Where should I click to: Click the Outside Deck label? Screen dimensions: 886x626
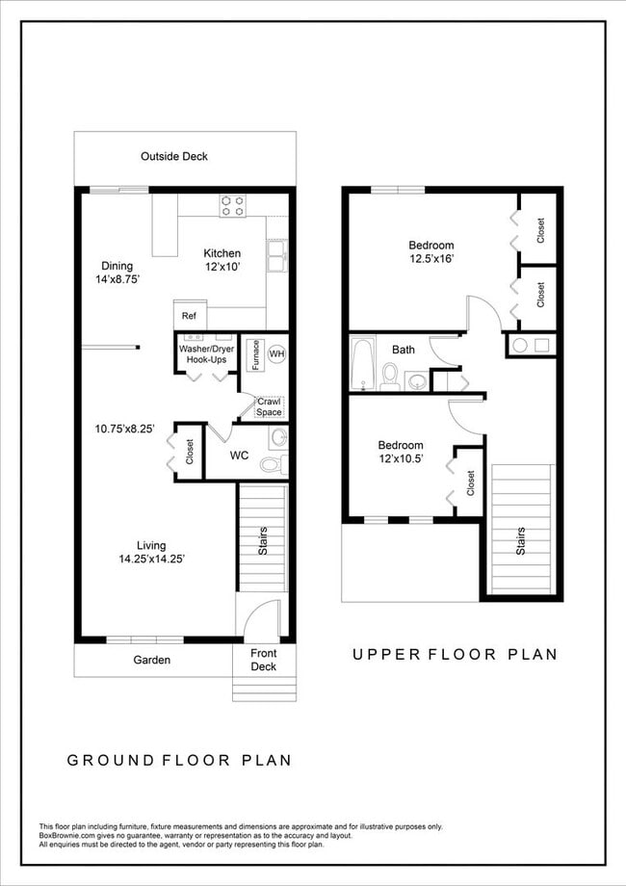coord(174,156)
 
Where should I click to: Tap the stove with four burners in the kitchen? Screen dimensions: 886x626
coord(232,205)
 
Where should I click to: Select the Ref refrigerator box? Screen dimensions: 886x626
coord(189,316)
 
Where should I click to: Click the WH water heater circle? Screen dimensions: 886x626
coord(276,354)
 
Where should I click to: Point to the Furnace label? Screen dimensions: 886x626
coord(248,354)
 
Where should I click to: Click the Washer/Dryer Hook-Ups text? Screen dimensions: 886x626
coord(203,353)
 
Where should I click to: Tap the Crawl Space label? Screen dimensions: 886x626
coord(269,406)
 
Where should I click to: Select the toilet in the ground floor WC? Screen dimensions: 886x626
coord(271,464)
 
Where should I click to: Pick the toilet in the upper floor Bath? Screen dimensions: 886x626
coord(390,375)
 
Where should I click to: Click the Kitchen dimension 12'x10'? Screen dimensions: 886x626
coord(222,267)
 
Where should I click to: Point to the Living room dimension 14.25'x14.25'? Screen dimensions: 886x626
coord(152,559)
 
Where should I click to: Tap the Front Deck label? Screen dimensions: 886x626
coord(263,660)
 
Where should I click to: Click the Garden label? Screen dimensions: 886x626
coord(151,660)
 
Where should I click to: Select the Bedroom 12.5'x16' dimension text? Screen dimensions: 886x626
coord(430,258)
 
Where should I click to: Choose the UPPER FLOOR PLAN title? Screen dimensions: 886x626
coord(455,654)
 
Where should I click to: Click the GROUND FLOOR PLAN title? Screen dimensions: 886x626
coord(179,760)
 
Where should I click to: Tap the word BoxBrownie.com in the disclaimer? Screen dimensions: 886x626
coord(65,835)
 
